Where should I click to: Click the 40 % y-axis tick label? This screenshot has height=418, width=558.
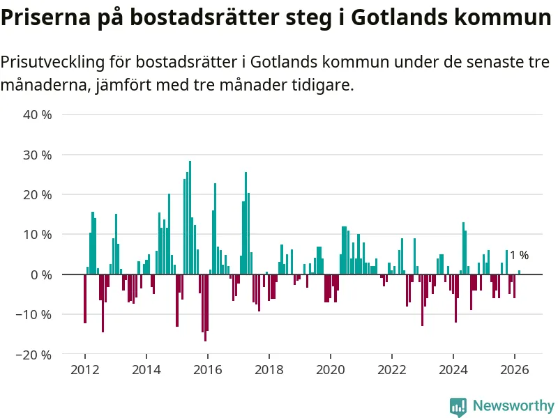pos(38,114)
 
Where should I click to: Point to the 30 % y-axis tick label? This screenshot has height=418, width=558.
pos(38,155)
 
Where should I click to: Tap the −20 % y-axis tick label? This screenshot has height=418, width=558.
pos(33,355)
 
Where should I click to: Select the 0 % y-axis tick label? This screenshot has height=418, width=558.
pos(41,274)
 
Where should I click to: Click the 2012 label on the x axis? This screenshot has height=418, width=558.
pos(84,370)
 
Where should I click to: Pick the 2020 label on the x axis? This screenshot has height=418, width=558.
pos(330,370)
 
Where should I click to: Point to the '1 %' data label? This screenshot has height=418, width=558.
pos(519,256)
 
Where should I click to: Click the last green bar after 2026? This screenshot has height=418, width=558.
pos(520,272)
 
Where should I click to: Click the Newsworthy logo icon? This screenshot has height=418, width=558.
pos(458,406)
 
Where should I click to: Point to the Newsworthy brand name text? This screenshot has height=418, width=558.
pos(513,405)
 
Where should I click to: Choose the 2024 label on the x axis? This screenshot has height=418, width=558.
pos(453,370)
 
